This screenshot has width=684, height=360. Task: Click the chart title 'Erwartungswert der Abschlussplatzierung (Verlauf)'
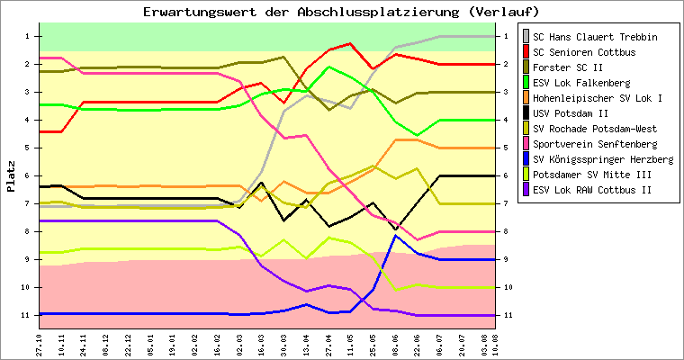(341, 12)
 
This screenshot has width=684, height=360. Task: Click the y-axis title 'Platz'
(11, 175)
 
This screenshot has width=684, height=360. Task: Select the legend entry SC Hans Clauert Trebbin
(594, 37)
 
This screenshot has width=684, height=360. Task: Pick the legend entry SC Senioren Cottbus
(584, 52)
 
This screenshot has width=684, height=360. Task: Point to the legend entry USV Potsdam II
(571, 113)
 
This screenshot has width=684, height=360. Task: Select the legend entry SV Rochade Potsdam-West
(595, 129)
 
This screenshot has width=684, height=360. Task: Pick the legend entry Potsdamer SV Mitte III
(589, 175)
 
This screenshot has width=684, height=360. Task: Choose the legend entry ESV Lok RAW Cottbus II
(589, 190)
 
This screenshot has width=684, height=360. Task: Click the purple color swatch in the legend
(526, 190)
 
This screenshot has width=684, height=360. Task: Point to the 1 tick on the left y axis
(28, 36)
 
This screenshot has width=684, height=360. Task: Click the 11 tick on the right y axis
(508, 315)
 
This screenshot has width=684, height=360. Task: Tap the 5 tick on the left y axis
(28, 148)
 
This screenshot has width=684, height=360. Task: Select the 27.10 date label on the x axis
(40, 343)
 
